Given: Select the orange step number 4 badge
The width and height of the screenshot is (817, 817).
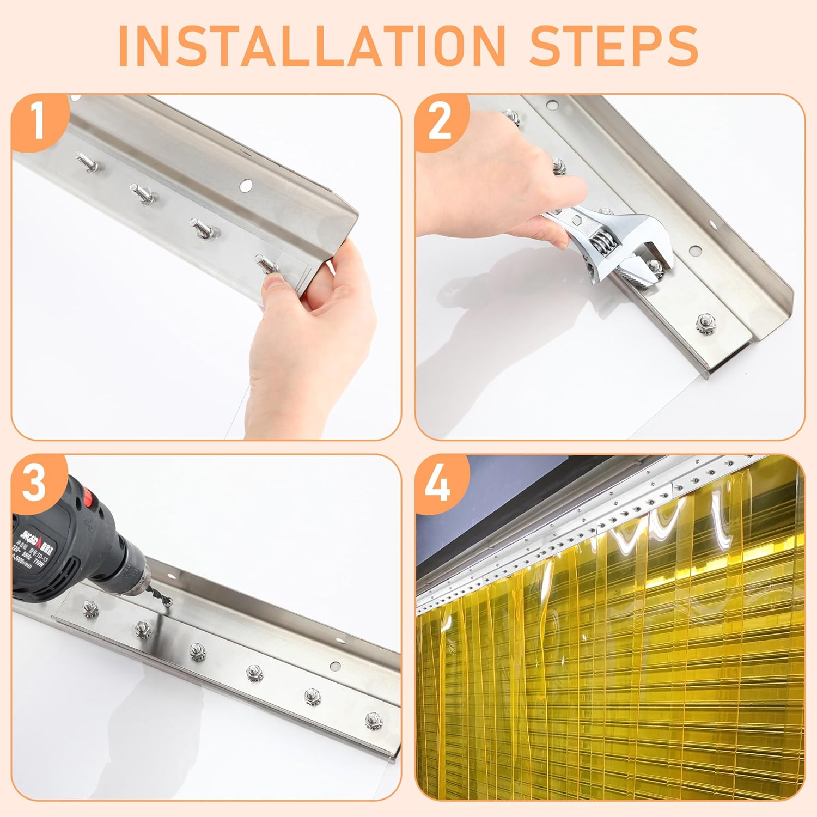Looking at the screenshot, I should pyautogui.click(x=439, y=481).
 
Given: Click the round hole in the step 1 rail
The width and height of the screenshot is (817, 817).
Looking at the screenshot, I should pyautogui.click(x=246, y=186).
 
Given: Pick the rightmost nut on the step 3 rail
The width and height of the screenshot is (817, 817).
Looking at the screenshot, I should pyautogui.click(x=372, y=719).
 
